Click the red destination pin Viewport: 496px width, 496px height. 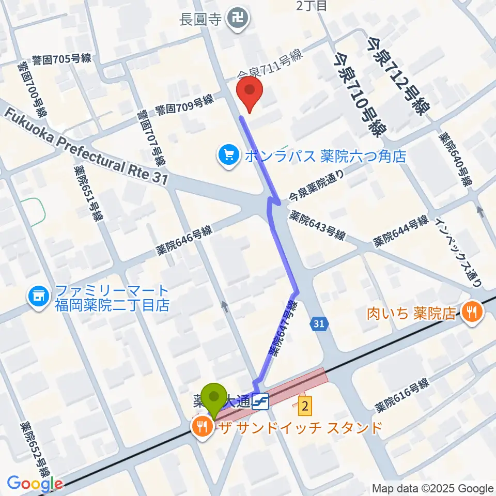click(250, 91)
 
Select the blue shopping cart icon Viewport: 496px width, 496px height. click(228, 156)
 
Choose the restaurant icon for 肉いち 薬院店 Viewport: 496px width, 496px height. click(472, 312)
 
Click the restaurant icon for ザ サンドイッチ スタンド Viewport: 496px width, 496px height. click(200, 427)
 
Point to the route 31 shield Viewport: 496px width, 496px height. click(319, 324)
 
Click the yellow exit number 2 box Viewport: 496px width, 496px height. click(305, 406)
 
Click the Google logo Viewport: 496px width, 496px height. click(35, 484)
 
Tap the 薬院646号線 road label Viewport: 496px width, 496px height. click(184, 241)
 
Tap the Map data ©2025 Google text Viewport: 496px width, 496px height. click(433, 488)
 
